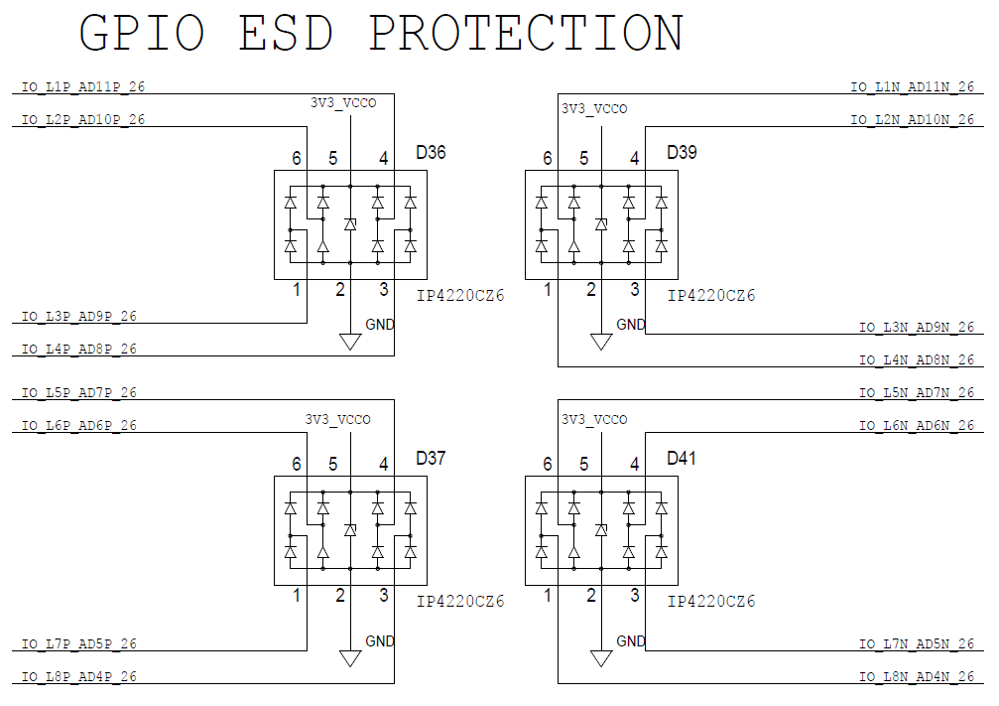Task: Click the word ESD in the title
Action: tap(286, 33)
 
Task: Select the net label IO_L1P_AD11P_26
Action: tap(83, 86)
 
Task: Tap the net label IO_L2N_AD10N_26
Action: tap(913, 119)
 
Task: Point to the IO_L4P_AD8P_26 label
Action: tap(79, 349)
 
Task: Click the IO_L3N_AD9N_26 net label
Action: tap(917, 327)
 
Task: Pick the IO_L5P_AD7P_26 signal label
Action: tap(79, 393)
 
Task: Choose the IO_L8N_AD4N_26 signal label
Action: tap(917, 676)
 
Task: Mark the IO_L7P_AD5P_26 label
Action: tap(79, 644)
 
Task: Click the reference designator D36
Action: tap(431, 153)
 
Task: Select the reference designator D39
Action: tap(682, 153)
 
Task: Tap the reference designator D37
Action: tap(431, 458)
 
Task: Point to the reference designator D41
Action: tap(682, 458)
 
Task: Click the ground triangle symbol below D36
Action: tap(350, 342)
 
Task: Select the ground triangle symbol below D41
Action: tap(601, 658)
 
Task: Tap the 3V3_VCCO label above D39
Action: tap(594, 109)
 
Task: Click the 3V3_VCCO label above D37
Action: tap(337, 420)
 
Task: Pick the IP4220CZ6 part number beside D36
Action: tap(460, 295)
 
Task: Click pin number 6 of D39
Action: tap(548, 158)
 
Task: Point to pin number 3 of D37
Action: tap(384, 595)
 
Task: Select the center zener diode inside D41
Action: tap(601, 530)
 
